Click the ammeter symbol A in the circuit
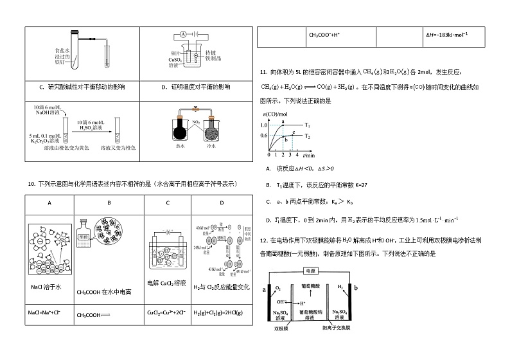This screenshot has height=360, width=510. [182, 35]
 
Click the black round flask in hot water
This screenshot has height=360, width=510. [179, 130]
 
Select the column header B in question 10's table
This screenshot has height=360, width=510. [109, 203]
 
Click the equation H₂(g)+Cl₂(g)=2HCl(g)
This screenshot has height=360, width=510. [218, 312]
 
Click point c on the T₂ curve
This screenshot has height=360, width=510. [294, 132]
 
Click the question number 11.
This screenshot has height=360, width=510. [263, 71]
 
